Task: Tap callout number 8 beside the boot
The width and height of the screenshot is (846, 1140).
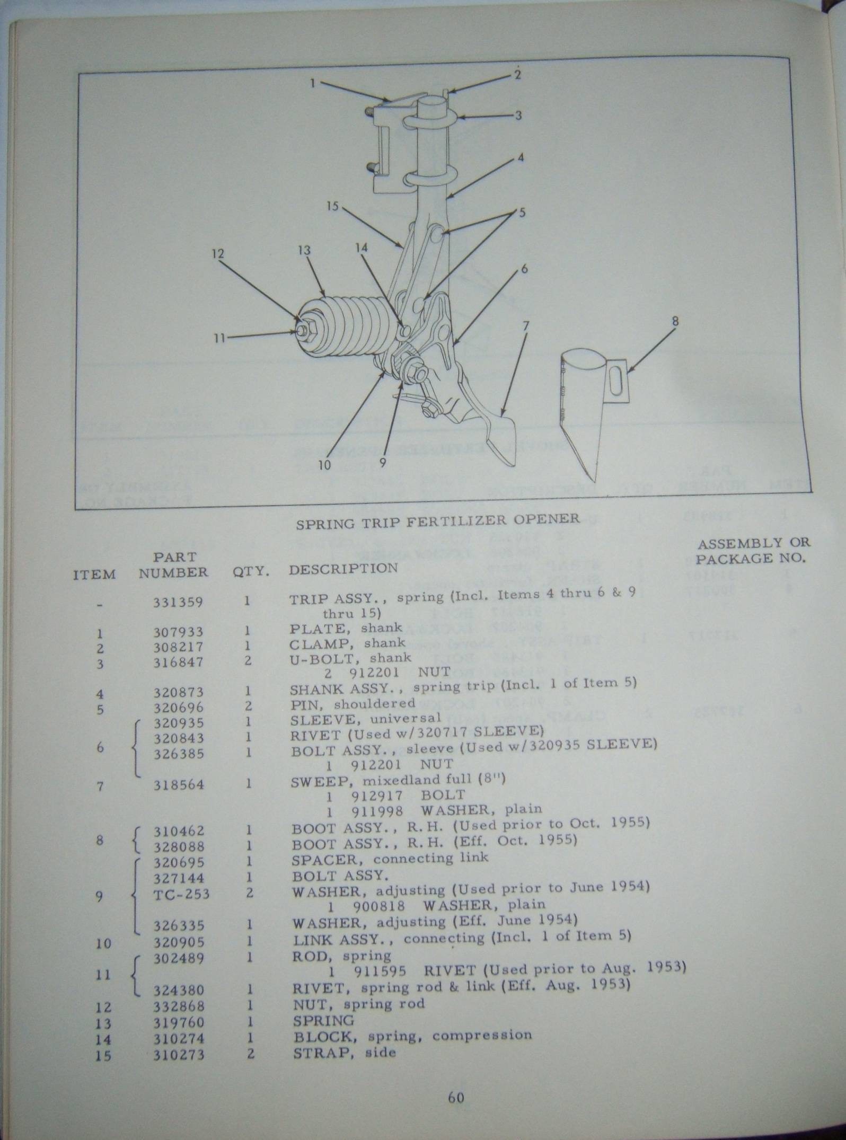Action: (675, 321)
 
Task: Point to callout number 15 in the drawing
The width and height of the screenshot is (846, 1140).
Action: (332, 206)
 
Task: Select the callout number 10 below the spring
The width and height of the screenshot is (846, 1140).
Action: (324, 465)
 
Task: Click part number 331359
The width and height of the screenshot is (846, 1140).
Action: (178, 602)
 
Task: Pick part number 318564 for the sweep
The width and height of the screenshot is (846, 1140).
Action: (178, 785)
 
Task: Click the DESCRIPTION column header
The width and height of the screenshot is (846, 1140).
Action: (343, 569)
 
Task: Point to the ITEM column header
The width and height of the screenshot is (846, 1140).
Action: (94, 575)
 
